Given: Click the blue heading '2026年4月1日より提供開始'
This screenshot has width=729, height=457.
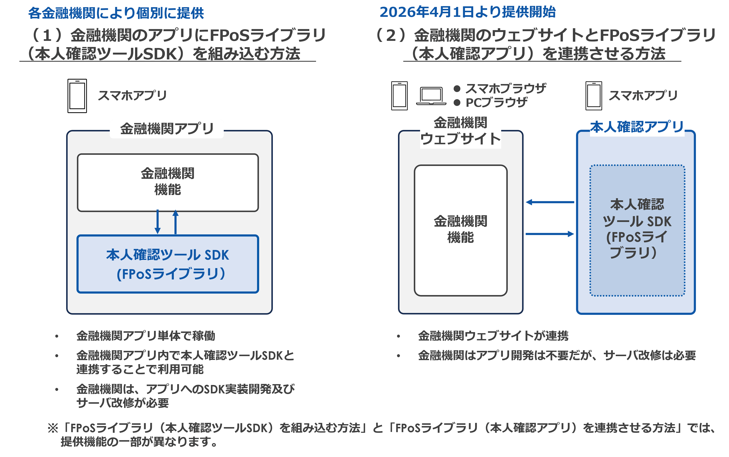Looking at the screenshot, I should coord(468,12).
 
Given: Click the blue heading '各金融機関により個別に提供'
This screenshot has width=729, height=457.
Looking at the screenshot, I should coord(116,13).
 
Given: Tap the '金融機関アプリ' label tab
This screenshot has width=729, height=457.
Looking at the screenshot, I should coord(167,129).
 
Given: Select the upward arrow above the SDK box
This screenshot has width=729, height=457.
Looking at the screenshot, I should coord(175,222).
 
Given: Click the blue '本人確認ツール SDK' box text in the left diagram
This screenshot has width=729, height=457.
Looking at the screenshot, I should coord(168,255).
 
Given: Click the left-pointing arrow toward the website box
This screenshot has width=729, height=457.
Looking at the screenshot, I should coord(550,202).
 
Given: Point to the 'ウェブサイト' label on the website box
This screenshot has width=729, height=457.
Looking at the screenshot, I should coord(460,139).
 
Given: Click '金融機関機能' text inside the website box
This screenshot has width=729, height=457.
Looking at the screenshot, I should coord(460,229).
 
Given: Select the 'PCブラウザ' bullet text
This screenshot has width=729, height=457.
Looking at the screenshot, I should coord(496,103).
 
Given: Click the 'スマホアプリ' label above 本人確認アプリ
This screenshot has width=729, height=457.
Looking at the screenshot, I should coord(643,96).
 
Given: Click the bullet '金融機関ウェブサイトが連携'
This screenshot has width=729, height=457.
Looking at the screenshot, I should coord(493,336).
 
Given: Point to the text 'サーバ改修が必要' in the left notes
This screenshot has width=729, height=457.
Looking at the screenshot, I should coord(122,403).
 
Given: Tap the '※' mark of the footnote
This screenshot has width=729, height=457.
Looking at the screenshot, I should coord(53,428).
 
